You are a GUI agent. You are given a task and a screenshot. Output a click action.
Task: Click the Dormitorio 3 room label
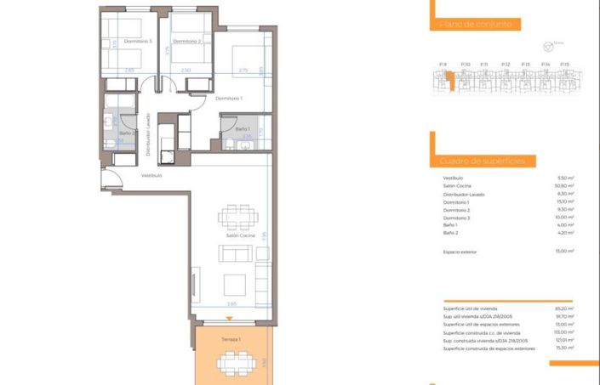tap(137, 41)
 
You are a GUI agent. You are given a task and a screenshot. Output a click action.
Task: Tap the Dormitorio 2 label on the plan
tap(186, 40)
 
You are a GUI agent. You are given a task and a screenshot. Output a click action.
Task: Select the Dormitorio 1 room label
tap(229, 99)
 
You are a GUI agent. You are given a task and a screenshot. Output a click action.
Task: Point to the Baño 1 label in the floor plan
tap(243, 128)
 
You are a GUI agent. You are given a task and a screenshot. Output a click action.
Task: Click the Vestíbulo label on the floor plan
tap(151, 176)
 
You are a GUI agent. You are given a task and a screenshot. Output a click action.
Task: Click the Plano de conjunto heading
tap(477, 25)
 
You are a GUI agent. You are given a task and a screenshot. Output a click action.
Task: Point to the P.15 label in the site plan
tap(564, 64)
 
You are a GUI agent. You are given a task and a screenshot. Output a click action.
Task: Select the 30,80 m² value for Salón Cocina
tap(564, 186)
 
